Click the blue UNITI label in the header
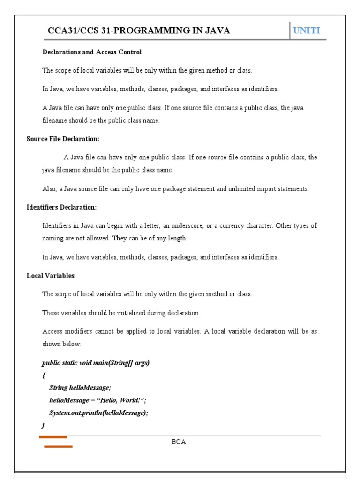pyautogui.click(x=307, y=31)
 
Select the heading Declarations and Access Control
pyautogui.click(x=92, y=52)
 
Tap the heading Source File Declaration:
pyautogui.click(x=63, y=139)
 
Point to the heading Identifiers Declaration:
pyautogui.click(x=61, y=207)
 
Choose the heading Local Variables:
pyautogui.click(x=51, y=276)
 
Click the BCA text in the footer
pyautogui.click(x=179, y=442)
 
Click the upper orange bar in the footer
pyautogui.click(x=53, y=437)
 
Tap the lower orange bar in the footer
pyautogui.click(x=58, y=447)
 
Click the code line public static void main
pyautogui.click(x=96, y=363)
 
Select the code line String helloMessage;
pyautogui.click(x=80, y=387)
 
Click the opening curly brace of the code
pyautogui.click(x=44, y=375)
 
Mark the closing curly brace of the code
pyautogui.click(x=43, y=425)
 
